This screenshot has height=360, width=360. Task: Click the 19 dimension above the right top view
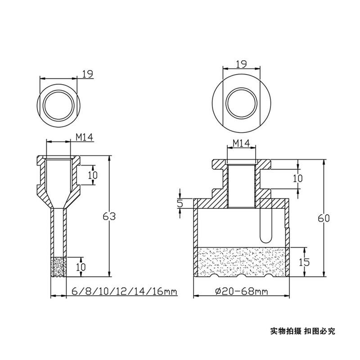pyautogui.click(x=242, y=64)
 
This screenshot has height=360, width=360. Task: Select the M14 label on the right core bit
pyautogui.click(x=242, y=143)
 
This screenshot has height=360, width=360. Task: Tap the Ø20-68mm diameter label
pyautogui.click(x=242, y=292)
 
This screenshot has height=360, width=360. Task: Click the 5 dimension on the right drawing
pyautogui.click(x=180, y=203)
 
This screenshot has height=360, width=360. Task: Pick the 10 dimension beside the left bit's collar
pyautogui.click(x=92, y=175)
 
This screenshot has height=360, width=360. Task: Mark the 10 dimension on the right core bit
pyautogui.click(x=297, y=178)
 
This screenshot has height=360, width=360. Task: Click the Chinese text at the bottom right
pyautogui.click(x=302, y=331)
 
